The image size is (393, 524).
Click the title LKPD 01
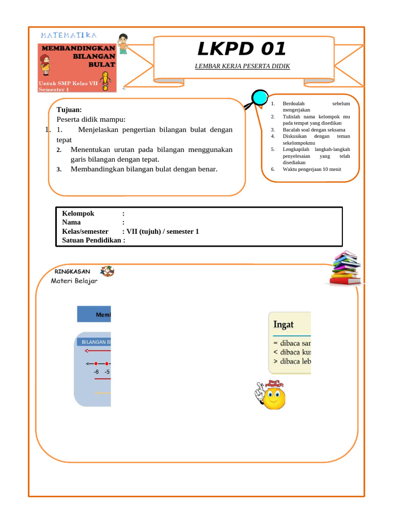click(x=242, y=49)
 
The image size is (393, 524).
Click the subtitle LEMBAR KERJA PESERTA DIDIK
click(x=242, y=66)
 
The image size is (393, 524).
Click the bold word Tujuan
click(x=69, y=110)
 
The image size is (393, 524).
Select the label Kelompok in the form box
click(x=78, y=213)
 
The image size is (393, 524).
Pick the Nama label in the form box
click(x=71, y=223)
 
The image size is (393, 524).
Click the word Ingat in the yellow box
click(x=283, y=324)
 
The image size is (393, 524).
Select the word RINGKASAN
click(x=72, y=272)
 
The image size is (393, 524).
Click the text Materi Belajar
click(x=74, y=280)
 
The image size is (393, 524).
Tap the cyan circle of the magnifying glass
click(x=260, y=97)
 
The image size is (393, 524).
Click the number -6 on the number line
click(x=96, y=372)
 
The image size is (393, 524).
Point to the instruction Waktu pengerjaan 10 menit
click(x=312, y=169)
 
